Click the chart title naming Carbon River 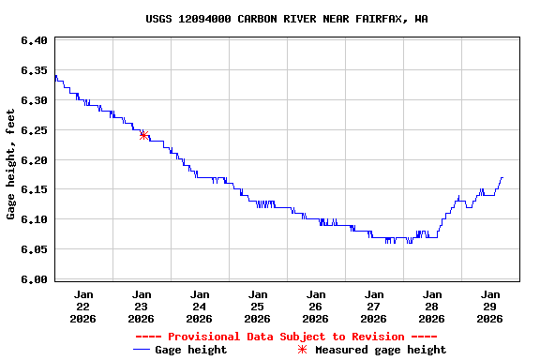click(287, 19)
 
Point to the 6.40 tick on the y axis click(34, 40)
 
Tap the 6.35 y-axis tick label click(34, 70)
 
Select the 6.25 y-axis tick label click(34, 130)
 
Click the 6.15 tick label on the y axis click(34, 189)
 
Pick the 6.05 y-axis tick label click(34, 249)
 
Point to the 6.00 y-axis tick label click(34, 279)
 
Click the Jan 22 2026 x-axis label click(83, 306)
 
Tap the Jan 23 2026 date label click(142, 306)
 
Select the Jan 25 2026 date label click(258, 306)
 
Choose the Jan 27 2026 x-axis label click(374, 306)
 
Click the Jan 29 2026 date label click(489, 306)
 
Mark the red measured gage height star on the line click(143, 135)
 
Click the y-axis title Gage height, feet click(11, 164)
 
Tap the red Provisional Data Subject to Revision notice click(286, 337)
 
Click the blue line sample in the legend click(142, 350)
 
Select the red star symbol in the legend click(302, 350)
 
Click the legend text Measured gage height click(381, 350)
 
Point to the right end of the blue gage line click(502, 177)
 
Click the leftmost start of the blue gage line click(55, 76)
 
